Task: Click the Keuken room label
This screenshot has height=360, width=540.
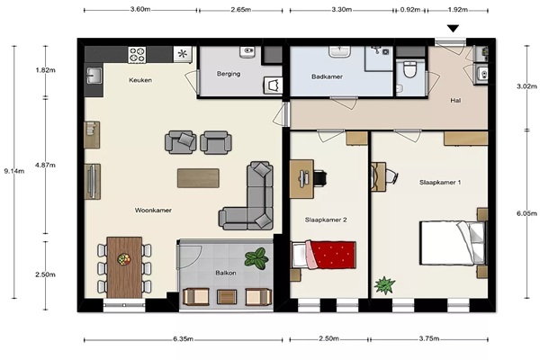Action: [140, 80]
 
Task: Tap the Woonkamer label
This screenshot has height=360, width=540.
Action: [153, 210]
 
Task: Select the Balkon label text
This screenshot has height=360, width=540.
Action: [226, 273]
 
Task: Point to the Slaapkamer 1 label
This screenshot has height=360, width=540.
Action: [440, 182]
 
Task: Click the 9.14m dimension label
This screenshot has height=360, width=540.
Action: [14, 171]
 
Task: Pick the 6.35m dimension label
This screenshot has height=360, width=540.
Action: [183, 339]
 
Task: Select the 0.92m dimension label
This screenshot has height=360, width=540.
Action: [410, 10]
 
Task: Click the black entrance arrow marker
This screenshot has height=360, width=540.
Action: [454, 28]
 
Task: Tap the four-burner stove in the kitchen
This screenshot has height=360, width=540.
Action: [137, 55]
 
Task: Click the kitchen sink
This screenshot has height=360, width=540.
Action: [94, 75]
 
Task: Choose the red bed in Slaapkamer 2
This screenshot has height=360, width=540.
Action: [324, 255]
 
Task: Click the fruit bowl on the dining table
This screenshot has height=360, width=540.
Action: [124, 259]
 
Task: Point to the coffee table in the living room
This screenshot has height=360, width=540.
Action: [198, 178]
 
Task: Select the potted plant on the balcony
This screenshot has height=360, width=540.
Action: [256, 258]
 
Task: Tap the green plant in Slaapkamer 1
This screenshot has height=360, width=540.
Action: [384, 285]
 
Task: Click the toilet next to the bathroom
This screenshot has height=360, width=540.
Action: [409, 69]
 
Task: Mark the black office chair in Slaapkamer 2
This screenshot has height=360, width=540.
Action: [319, 178]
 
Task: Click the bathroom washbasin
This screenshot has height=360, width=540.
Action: [339, 51]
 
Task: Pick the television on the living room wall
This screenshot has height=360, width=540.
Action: [92, 182]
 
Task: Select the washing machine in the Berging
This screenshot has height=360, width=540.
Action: [273, 85]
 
